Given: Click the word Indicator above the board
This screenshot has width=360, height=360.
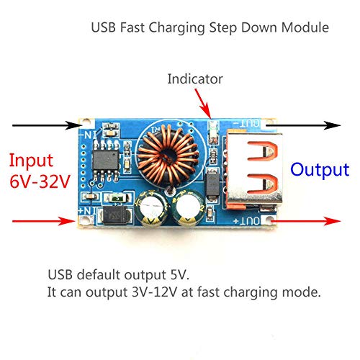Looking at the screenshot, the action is point(195,79).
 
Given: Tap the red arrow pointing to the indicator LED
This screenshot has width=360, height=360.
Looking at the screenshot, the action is point(203,104).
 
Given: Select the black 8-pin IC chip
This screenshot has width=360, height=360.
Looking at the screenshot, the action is point(106,161).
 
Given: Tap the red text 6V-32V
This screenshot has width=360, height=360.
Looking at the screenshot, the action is point(40,181).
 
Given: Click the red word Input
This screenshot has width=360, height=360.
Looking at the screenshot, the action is point(31,161).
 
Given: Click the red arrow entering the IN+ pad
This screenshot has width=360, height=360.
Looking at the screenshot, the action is point(44,221).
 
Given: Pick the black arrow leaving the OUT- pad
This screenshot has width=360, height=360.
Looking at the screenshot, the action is point(304,125).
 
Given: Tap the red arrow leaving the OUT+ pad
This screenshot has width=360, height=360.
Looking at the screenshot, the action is point(305,221).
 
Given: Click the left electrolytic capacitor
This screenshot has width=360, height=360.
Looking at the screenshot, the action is point(151,208).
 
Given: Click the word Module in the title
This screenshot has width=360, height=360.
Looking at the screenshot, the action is point(305,27).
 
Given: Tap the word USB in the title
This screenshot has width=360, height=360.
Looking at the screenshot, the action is point(104,27).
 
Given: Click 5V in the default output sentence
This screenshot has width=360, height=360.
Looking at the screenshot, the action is point(179,275).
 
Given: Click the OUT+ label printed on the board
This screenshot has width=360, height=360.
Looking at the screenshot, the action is point(246,221).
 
